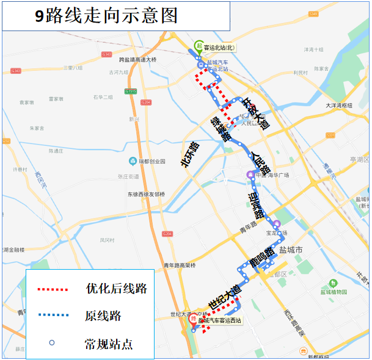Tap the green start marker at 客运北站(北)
199,46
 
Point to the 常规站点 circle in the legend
52,343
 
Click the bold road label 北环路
190,154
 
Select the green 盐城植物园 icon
333,283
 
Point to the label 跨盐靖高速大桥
138,59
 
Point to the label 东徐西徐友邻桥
145,194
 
